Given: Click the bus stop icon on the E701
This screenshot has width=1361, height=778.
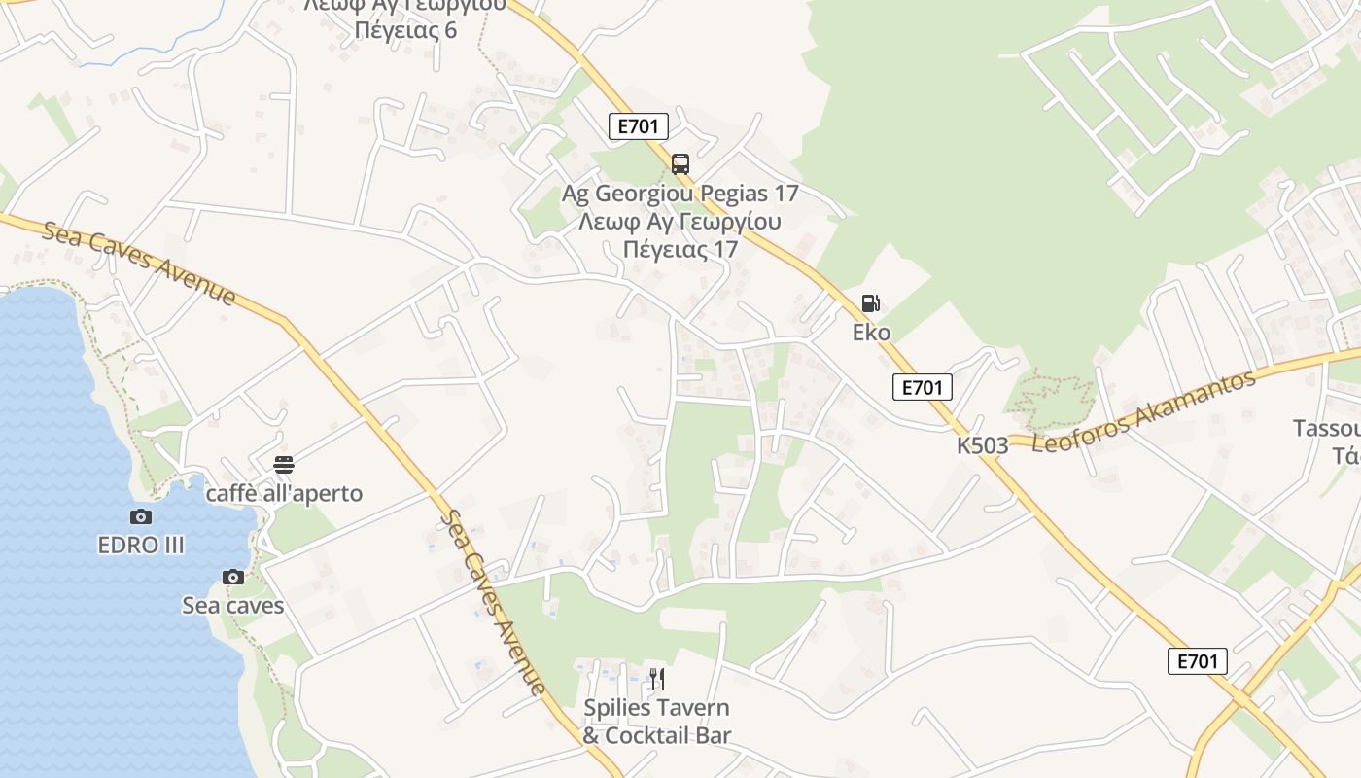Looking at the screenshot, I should [680, 163].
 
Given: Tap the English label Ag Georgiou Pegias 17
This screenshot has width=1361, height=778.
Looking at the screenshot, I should [680, 194].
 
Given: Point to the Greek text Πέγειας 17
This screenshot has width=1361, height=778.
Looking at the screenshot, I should [680, 249].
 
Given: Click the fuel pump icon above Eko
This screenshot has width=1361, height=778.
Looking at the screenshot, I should [870, 303].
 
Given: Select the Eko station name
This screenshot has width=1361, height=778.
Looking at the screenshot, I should [871, 333].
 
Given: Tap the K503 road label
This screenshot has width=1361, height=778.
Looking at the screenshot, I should [982, 445].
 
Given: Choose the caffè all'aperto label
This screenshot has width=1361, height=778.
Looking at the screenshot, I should [284, 494].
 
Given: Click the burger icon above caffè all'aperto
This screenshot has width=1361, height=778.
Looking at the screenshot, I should [284, 465].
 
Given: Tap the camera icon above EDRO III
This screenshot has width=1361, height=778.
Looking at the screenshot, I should [141, 516].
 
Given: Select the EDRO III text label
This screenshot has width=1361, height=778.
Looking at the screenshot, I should [141, 546].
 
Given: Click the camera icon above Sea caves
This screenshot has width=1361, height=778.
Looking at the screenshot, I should [233, 577].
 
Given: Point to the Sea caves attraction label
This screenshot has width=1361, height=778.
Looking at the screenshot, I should [233, 606].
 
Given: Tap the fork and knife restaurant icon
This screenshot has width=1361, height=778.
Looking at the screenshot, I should [657, 678].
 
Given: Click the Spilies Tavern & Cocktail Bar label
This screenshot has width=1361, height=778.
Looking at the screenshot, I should [656, 722].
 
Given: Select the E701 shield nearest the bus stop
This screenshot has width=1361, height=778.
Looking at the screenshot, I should [639, 125].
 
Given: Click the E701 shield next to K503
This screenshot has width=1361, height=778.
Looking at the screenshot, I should [922, 387].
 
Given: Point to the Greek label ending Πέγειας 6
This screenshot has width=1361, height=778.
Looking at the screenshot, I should [405, 30].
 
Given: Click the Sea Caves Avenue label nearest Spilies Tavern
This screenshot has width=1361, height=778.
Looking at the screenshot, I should [492, 603].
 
